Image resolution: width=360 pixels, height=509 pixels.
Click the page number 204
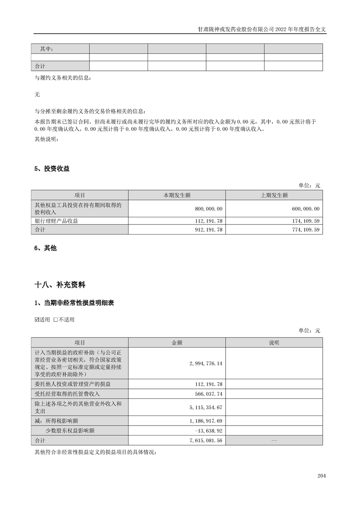click(322, 476)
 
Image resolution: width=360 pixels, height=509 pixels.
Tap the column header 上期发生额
click(274, 195)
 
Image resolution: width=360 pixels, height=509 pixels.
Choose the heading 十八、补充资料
click(60, 285)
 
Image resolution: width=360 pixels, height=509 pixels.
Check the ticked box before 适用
click(37, 319)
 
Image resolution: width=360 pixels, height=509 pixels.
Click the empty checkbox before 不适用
click(55, 319)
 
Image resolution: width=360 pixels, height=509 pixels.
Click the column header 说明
click(274, 343)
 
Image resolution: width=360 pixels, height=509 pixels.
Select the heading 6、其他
click(46, 248)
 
